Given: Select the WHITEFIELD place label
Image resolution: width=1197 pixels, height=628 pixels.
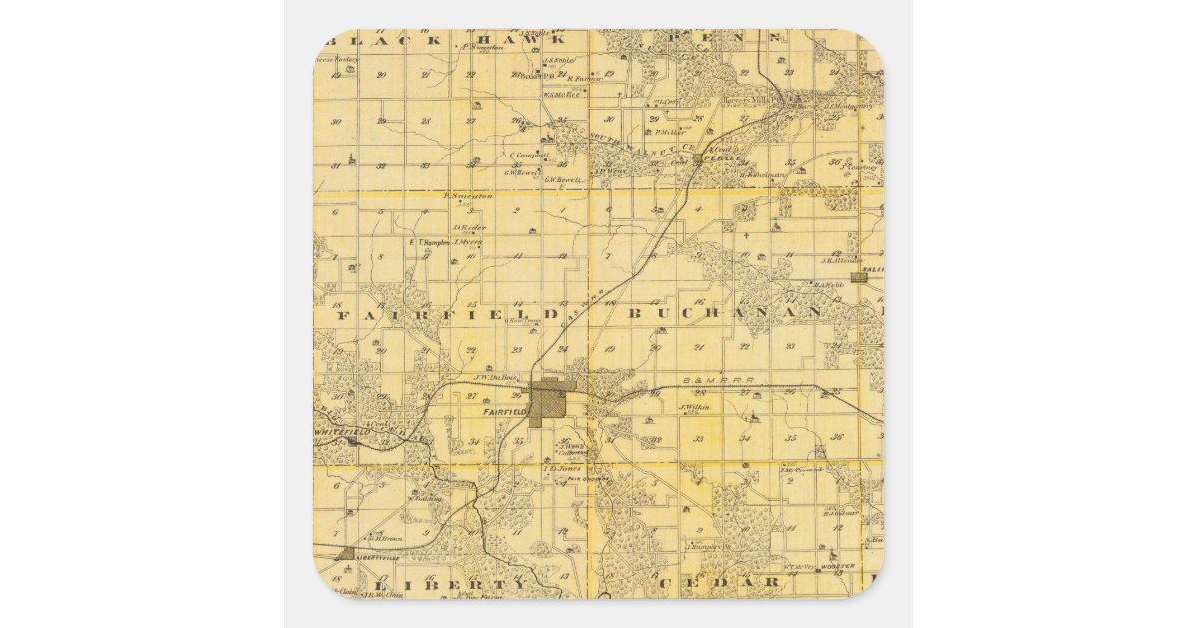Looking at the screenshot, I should [x=341, y=430].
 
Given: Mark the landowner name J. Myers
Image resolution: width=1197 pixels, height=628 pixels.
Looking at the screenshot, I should [x=468, y=241].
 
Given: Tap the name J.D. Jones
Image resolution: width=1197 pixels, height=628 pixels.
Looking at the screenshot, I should [x=562, y=467].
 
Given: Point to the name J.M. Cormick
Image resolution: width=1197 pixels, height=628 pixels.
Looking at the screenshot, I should [x=802, y=470].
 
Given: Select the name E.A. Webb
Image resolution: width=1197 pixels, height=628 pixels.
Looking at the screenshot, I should [x=829, y=284].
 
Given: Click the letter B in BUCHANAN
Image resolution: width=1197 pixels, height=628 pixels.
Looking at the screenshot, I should [x=636, y=313].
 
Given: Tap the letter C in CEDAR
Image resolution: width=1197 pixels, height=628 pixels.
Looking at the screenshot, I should [x=666, y=581].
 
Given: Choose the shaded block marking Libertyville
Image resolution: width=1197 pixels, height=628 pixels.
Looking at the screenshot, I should [x=345, y=553].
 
